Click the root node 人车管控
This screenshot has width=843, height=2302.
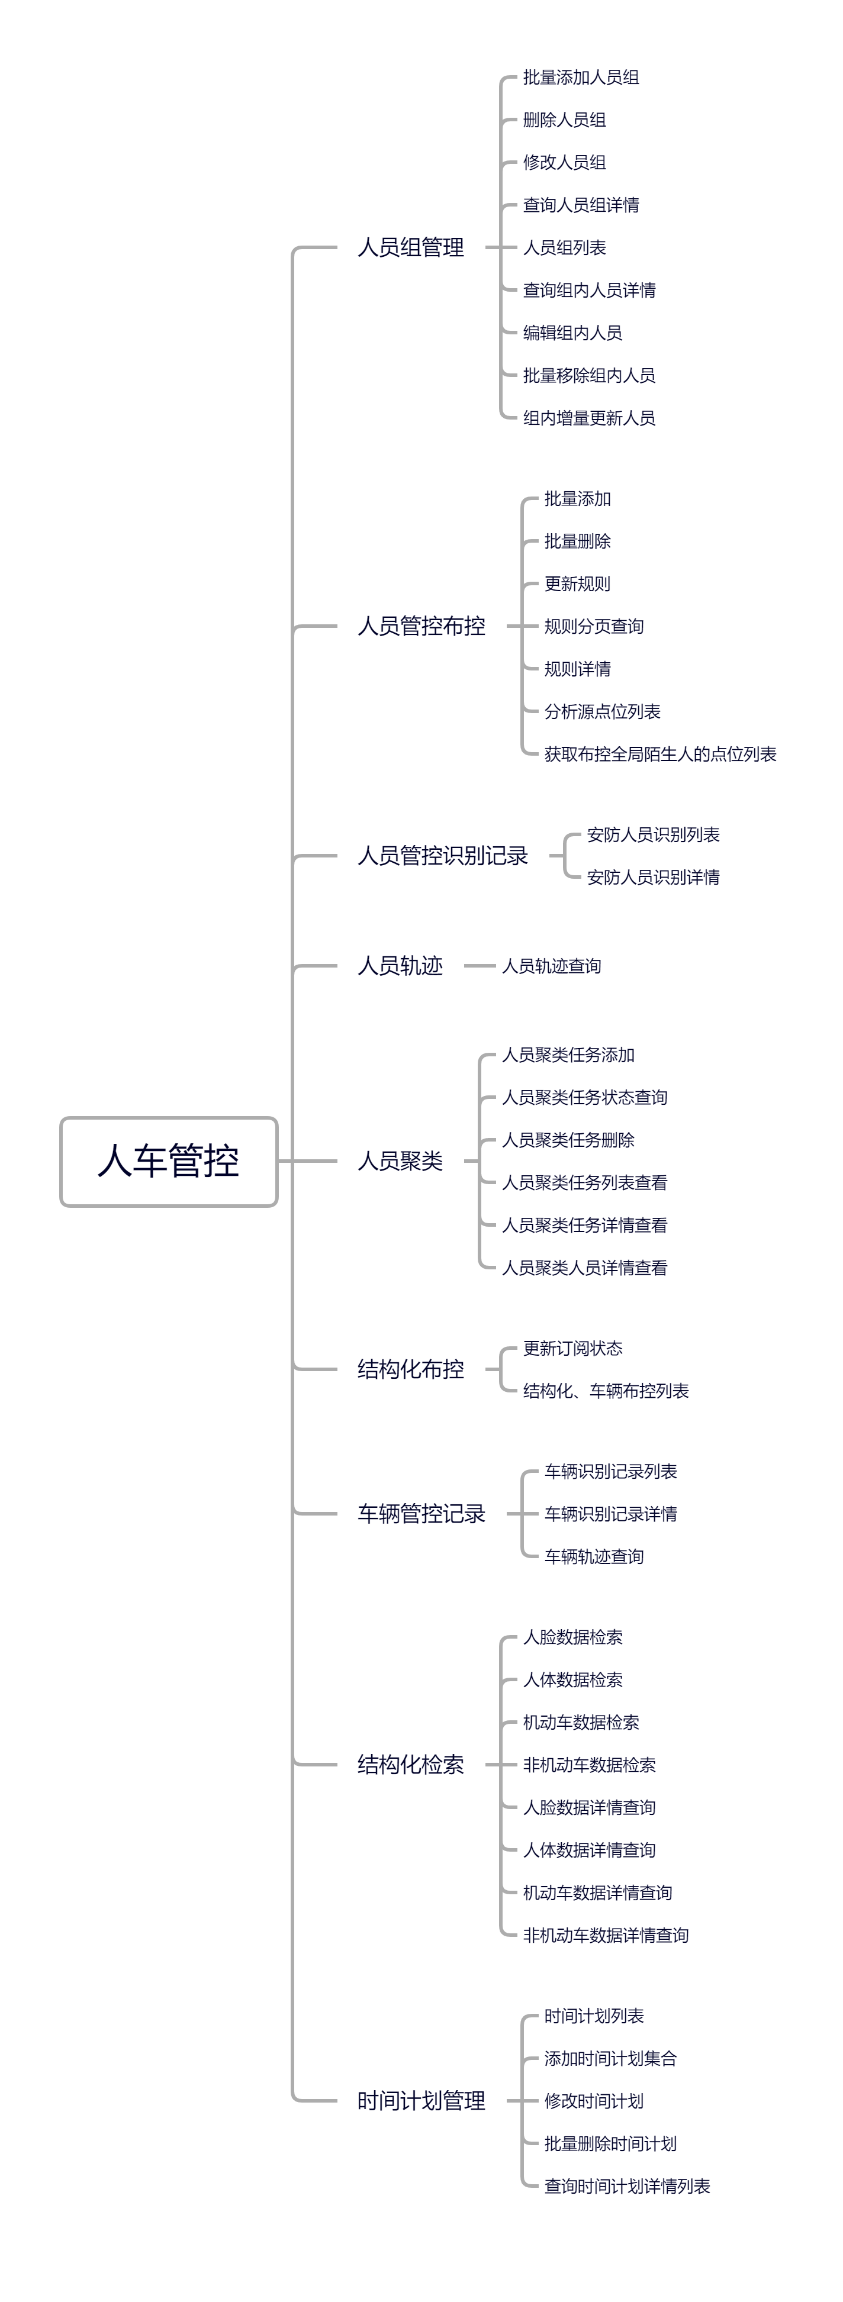tap(169, 1161)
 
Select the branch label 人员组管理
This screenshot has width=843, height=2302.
tap(410, 247)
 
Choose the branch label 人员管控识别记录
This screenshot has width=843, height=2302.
tap(442, 856)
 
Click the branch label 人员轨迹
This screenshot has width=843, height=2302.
tap(400, 966)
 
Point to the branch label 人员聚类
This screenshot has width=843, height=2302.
tap(400, 1161)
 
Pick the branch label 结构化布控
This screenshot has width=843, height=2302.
tap(410, 1369)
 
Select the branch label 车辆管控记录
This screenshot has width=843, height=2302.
tap(421, 1514)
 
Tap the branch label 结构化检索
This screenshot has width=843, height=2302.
tap(410, 1765)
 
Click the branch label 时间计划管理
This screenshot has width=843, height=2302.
tap(421, 2101)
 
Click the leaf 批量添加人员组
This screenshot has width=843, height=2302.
tap(581, 78)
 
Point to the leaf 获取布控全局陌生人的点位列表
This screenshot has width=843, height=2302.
tap(659, 755)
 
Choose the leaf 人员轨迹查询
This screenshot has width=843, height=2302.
tap(552, 966)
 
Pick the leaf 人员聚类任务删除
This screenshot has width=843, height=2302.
tap(568, 1140)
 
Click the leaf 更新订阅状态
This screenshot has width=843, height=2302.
tap(573, 1349)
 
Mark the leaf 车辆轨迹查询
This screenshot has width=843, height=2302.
tap(594, 1557)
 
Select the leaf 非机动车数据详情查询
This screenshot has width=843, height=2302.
tap(606, 1936)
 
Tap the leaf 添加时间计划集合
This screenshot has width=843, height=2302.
tap(610, 2059)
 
